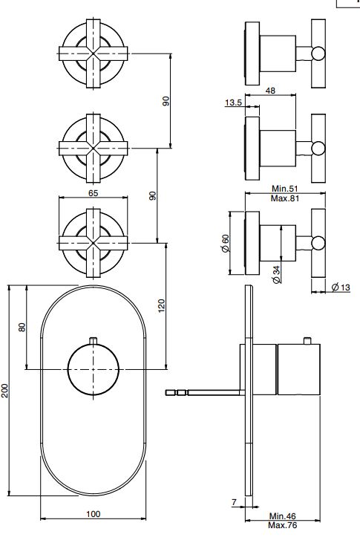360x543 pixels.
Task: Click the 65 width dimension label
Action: click(93, 193)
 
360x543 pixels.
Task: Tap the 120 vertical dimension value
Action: click(162, 306)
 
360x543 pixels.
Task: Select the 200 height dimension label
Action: click(4, 390)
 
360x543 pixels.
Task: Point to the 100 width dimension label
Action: click(93, 514)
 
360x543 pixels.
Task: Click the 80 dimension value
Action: click(22, 327)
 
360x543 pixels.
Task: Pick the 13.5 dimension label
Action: click(233, 103)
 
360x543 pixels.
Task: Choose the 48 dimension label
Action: click(270, 91)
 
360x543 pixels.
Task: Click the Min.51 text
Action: click(284, 189)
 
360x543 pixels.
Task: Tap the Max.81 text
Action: click(284, 198)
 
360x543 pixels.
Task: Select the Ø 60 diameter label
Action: click(225, 244)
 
